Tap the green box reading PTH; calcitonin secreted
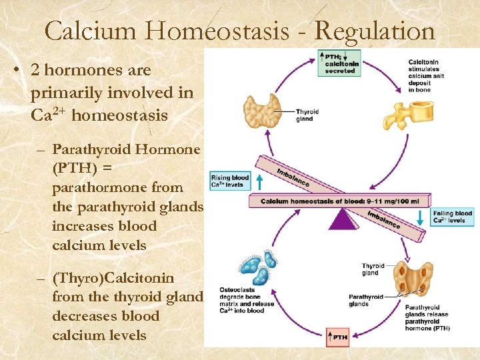[x=340, y=62]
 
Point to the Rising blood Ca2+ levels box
[x=230, y=181]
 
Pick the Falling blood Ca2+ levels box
[x=451, y=217]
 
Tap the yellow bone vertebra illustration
[x=404, y=114]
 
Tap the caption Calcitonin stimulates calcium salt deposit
[x=427, y=76]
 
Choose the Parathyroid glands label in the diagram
[x=366, y=301]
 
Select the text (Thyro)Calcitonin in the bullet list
[x=113, y=277]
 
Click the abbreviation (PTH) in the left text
[x=70, y=169]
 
